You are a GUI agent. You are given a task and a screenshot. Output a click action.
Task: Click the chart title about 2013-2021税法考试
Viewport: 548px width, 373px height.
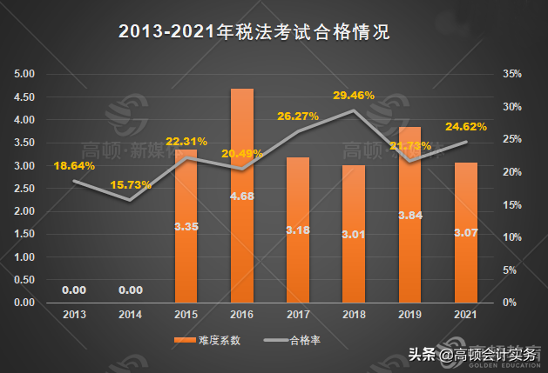[253, 32]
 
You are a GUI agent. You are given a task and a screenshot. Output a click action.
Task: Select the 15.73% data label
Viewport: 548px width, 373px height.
[131, 184]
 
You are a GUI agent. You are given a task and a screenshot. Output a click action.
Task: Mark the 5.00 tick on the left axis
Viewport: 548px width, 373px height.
[25, 74]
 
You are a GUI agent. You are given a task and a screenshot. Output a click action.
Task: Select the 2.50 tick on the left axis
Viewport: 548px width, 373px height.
[25, 189]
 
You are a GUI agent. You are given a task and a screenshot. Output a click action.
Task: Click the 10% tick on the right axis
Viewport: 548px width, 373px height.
[512, 237]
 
